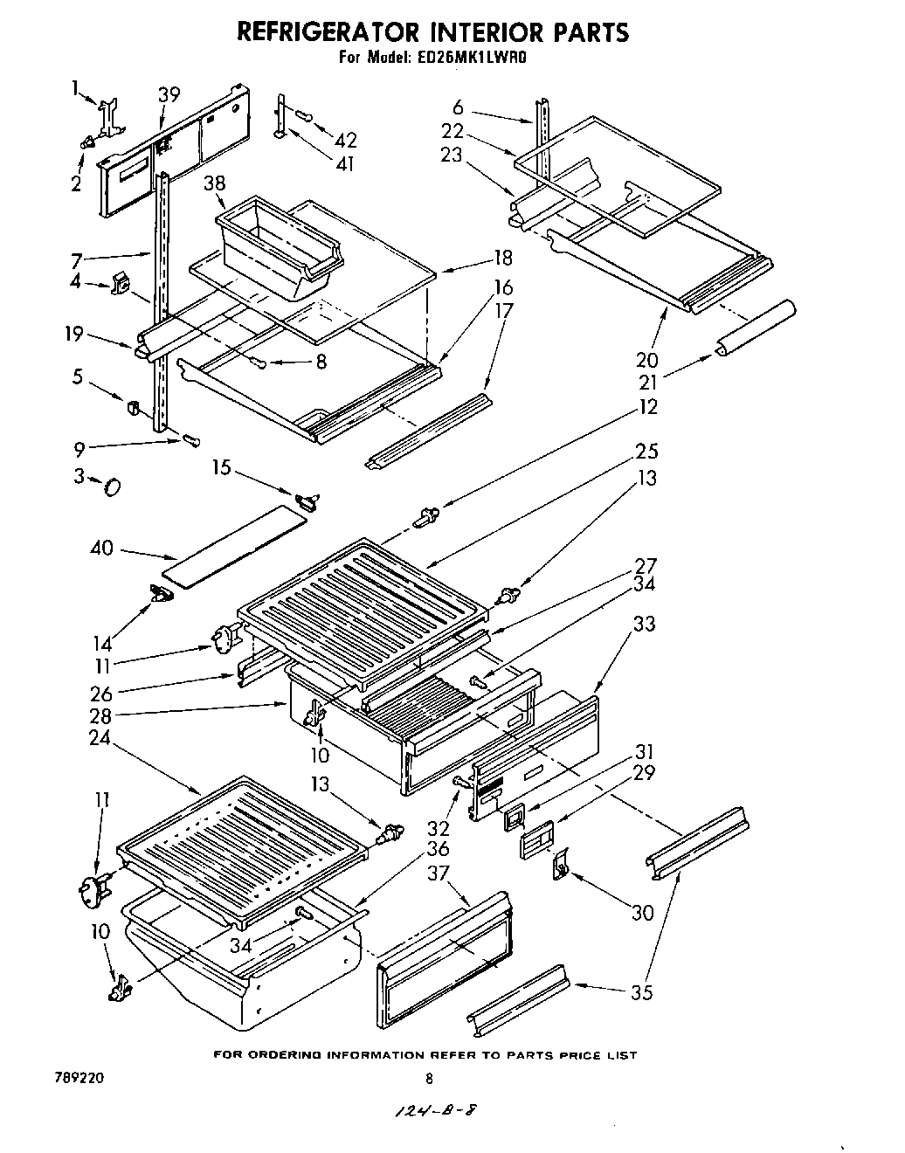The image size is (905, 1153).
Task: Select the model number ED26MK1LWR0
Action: [x=475, y=59]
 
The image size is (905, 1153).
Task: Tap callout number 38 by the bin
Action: [x=214, y=183]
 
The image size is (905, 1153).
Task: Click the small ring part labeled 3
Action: [x=113, y=486]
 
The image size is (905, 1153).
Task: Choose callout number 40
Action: [x=102, y=549]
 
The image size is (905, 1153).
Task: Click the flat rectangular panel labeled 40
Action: [x=236, y=546]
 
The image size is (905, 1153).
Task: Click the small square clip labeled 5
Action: [x=134, y=407]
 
